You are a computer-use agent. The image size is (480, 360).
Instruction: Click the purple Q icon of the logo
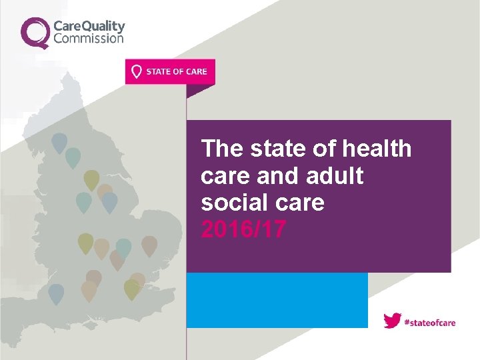(35, 32)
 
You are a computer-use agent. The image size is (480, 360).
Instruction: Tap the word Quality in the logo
(103, 26)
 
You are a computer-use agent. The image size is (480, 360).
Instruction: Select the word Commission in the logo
(88, 38)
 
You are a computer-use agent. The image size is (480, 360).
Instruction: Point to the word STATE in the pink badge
(158, 72)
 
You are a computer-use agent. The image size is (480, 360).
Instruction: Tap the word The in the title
(222, 149)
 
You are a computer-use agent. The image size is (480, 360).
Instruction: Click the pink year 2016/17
(243, 229)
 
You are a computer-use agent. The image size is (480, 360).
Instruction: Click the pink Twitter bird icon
(392, 321)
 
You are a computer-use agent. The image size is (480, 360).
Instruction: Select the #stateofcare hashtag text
(430, 322)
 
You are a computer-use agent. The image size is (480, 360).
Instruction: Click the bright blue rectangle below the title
(277, 300)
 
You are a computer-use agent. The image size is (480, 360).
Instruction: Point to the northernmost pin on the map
(59, 141)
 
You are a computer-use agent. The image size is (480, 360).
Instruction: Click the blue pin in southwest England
(56, 293)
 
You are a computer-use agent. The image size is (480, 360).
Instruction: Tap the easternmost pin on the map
(149, 245)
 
